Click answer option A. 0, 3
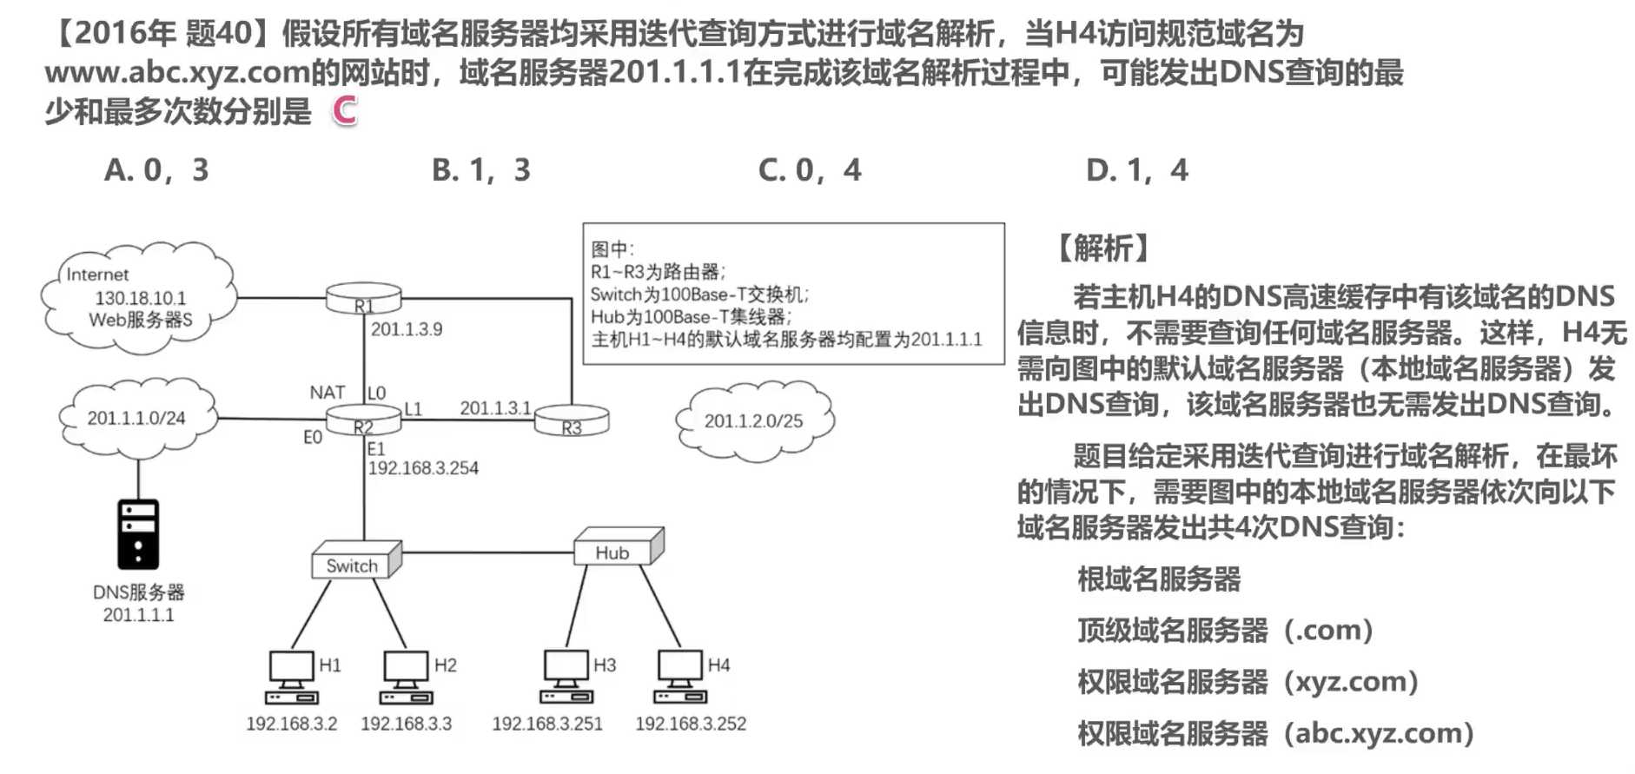point(156,170)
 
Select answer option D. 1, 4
point(1136,170)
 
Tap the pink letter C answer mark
point(345,110)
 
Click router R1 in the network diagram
point(363,299)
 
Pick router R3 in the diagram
point(571,421)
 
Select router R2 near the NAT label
point(363,421)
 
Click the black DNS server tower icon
point(138,534)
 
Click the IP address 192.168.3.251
point(547,724)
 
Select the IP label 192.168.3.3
point(407,724)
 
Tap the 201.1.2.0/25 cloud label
point(753,421)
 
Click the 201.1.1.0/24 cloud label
point(136,418)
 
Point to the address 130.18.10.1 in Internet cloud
point(141,298)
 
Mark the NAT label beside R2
point(327,393)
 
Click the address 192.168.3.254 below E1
point(423,468)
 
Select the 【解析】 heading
point(1103,248)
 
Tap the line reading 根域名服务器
point(1159,579)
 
